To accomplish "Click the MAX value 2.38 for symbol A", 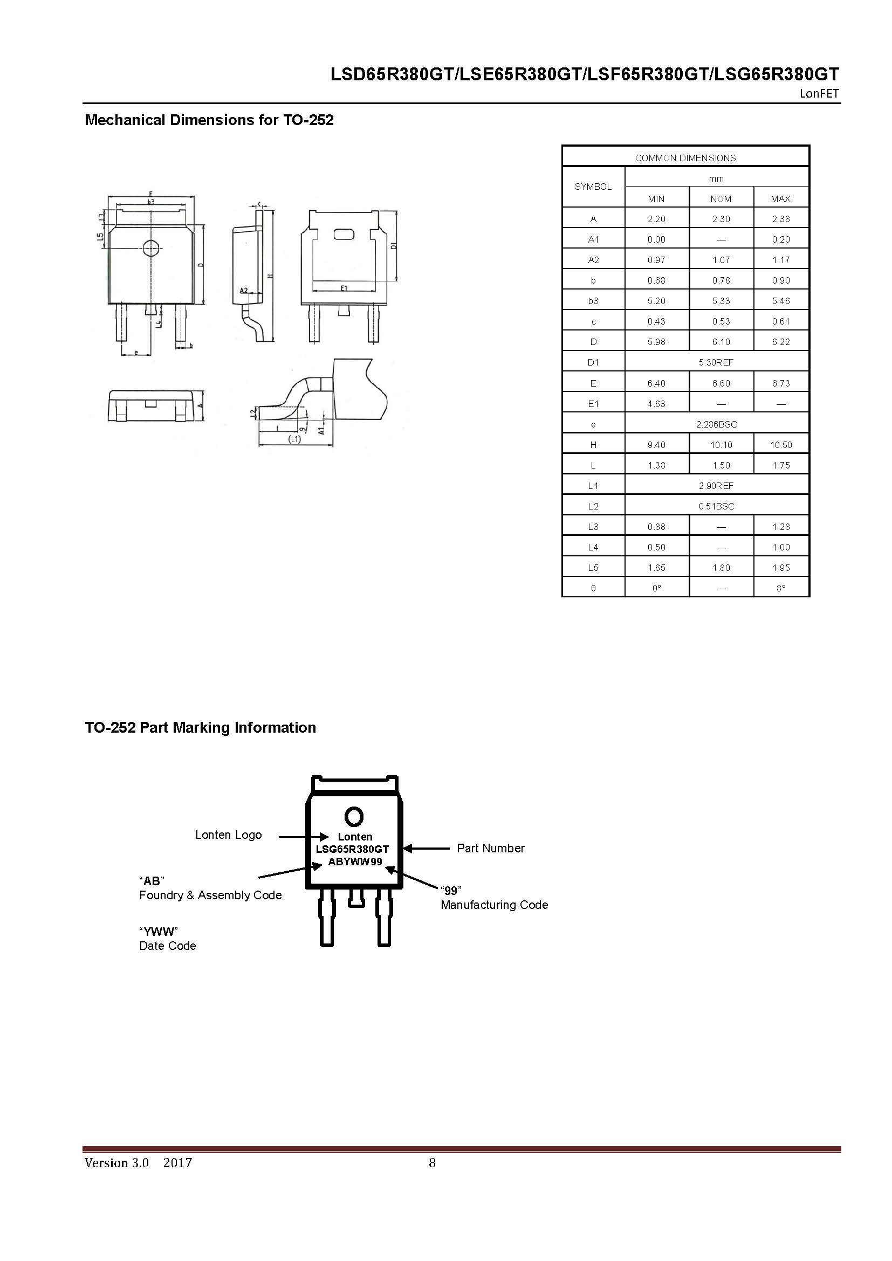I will [x=780, y=218].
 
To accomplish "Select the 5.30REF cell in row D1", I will [x=716, y=362].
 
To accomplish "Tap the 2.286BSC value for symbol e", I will [x=716, y=424].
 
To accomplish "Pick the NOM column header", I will [x=721, y=199].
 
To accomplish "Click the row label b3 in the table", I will [x=593, y=301].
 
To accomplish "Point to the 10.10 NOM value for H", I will [x=721, y=445].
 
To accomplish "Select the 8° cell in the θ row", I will [x=780, y=588].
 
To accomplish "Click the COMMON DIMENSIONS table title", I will [x=685, y=158].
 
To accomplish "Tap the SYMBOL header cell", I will [x=593, y=187].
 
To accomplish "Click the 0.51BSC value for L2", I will [x=716, y=506].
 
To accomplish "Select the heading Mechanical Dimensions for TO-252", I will [x=209, y=120].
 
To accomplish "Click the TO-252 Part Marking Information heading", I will [x=201, y=728].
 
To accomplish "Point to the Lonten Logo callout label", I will [x=229, y=835].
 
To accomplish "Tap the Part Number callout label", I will [x=490, y=848].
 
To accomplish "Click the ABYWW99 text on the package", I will [x=355, y=862].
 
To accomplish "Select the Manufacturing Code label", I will [x=495, y=905].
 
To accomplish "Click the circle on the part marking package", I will [x=354, y=817].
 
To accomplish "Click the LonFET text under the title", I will [x=819, y=93].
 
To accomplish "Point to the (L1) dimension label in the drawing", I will [x=295, y=439].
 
